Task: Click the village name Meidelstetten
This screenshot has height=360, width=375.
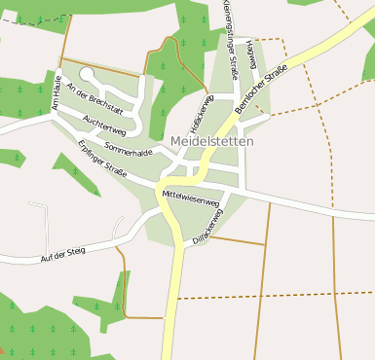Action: point(211,141)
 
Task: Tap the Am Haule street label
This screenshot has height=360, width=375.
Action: point(56,93)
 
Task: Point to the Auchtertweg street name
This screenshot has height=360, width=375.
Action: point(104,125)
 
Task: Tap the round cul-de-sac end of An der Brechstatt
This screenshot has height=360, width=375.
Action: point(86,73)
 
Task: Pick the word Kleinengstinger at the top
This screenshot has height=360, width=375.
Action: point(230,21)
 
